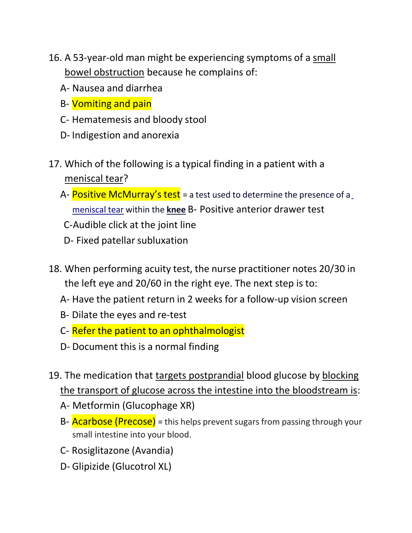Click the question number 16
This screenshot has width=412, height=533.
click(x=55, y=58)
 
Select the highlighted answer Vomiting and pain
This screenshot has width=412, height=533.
click(x=111, y=104)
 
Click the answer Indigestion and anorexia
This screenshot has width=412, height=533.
click(x=125, y=135)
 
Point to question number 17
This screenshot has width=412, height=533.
click(x=55, y=164)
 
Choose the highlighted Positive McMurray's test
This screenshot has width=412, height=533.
click(x=126, y=195)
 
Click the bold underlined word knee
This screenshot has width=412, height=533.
click(x=176, y=210)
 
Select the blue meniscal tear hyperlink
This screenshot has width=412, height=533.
click(x=98, y=210)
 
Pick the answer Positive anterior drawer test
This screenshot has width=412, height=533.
click(x=262, y=209)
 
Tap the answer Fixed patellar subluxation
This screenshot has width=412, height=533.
click(x=132, y=241)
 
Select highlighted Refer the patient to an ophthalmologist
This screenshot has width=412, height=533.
click(x=158, y=331)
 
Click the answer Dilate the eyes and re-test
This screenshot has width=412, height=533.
click(x=129, y=315)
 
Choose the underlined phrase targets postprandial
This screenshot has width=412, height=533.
click(x=199, y=376)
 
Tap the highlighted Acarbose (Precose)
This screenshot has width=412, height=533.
click(x=114, y=422)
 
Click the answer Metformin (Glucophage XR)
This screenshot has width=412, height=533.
click(x=133, y=406)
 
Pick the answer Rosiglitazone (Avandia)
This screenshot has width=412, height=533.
click(x=123, y=451)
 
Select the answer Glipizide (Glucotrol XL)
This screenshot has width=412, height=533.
click(x=122, y=467)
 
